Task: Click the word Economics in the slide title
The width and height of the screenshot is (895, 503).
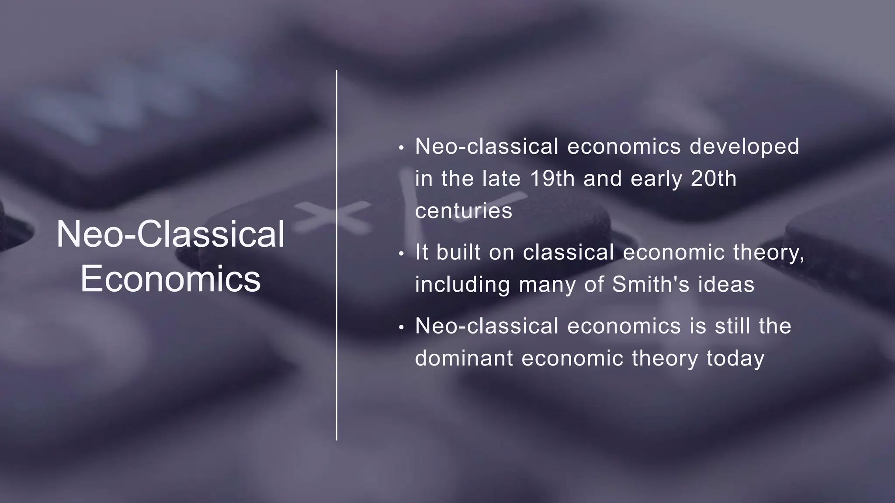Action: point(170,279)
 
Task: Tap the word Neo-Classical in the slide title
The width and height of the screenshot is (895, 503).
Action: point(170,234)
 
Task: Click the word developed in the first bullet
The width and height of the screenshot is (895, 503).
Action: point(744,146)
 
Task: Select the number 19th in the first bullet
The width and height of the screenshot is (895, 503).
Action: point(552,179)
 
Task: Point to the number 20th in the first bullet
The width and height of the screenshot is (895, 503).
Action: point(714,179)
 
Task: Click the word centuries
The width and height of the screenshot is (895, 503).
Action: point(463,211)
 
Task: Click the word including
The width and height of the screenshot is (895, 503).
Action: point(462,285)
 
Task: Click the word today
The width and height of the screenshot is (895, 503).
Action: point(735,359)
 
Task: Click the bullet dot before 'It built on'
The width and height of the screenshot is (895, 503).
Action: point(402,254)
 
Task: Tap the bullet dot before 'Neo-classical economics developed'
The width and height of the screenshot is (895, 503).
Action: point(402,148)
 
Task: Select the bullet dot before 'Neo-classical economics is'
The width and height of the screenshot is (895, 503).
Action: point(402,327)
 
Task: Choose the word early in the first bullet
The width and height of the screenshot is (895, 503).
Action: point(656,179)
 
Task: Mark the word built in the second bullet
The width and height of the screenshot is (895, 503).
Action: point(458,252)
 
